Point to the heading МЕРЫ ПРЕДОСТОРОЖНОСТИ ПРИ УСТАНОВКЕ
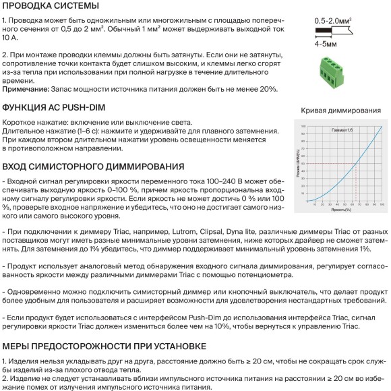coord(103,346)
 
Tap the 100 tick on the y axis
coord(303,126)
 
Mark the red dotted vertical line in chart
coord(355,183)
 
